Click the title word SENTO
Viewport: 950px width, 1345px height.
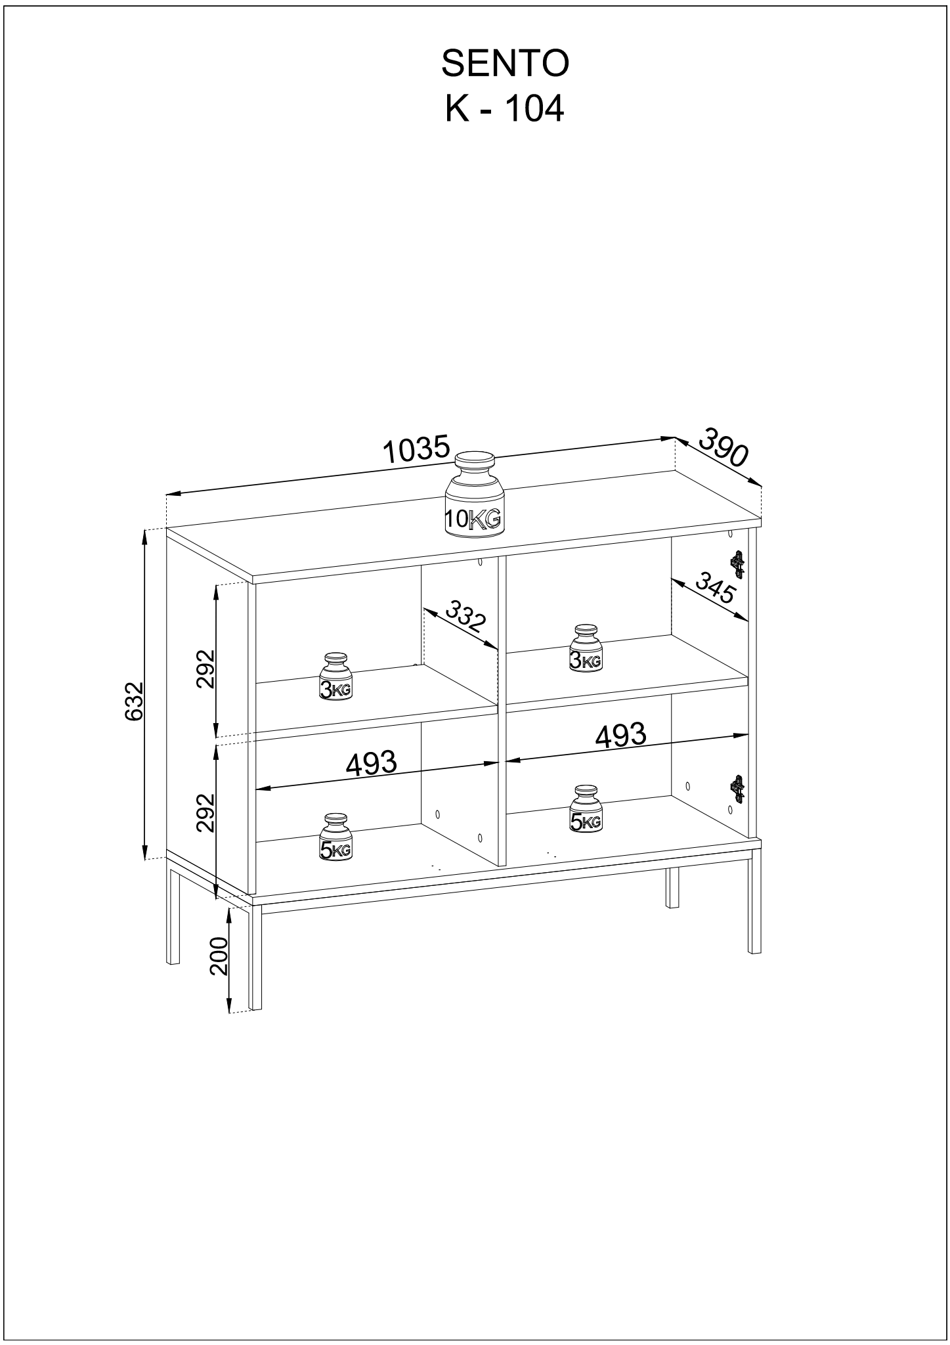coord(504,64)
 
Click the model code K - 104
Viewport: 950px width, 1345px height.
coord(504,110)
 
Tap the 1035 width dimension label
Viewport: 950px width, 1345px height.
coord(416,450)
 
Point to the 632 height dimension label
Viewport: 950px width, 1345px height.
coord(134,701)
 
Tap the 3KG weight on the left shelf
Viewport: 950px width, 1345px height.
coord(335,677)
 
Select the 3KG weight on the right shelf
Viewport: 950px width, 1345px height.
coord(586,648)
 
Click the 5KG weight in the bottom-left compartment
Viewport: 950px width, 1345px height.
coord(335,837)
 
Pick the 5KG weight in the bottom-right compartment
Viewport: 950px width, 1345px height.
coord(586,808)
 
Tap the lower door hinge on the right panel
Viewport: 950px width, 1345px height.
coord(739,789)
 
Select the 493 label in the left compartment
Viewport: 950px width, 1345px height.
coord(372,763)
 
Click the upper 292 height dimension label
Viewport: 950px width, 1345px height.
coord(206,669)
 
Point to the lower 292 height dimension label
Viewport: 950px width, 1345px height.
coord(206,813)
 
